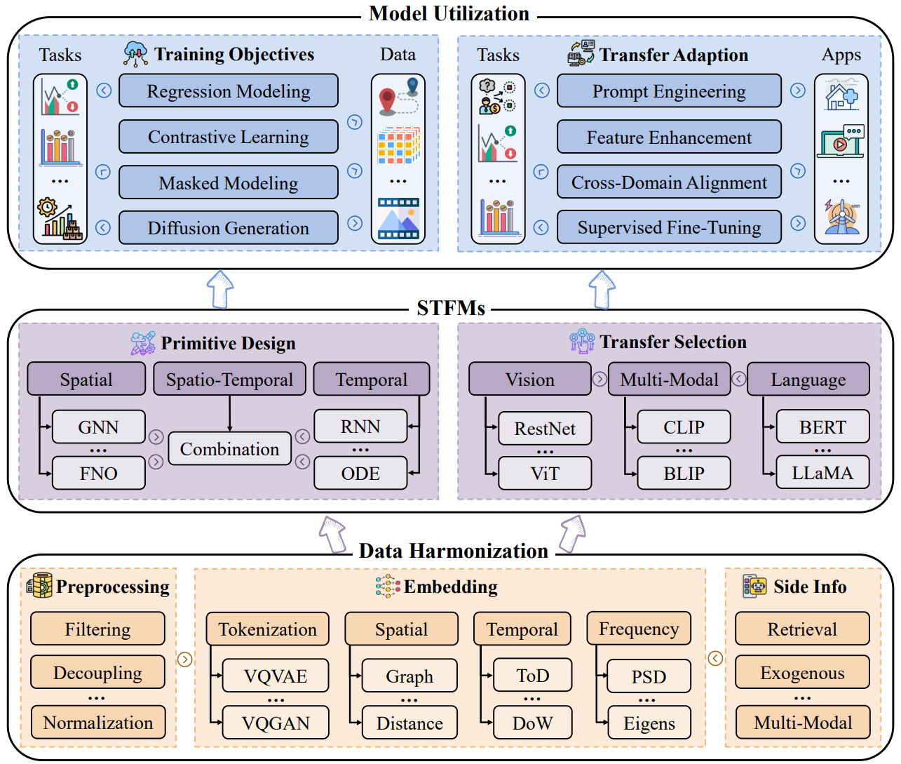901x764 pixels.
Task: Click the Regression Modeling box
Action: pos(228,91)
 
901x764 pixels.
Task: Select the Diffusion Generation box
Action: pos(228,227)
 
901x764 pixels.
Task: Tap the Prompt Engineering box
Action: pos(669,91)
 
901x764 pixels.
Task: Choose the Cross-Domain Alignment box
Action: pos(669,182)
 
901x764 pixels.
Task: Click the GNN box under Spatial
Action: pos(98,427)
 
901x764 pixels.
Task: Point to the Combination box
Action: pos(230,449)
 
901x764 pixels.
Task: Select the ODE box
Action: pos(360,473)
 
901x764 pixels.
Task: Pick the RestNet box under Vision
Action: pos(545,429)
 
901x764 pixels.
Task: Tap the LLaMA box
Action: pos(822,473)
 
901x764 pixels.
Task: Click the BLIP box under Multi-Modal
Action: pos(684,473)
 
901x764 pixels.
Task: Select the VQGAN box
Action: pos(276,723)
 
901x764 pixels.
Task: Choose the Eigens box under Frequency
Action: pos(649,723)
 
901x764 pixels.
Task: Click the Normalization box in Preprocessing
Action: pos(98,722)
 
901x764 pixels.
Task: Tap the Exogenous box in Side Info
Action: pos(803,672)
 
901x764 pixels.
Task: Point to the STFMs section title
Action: pos(451,308)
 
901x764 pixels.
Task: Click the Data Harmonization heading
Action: pos(454,551)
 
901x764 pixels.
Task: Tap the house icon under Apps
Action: pos(841,95)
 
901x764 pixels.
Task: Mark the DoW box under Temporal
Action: pos(532,723)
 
